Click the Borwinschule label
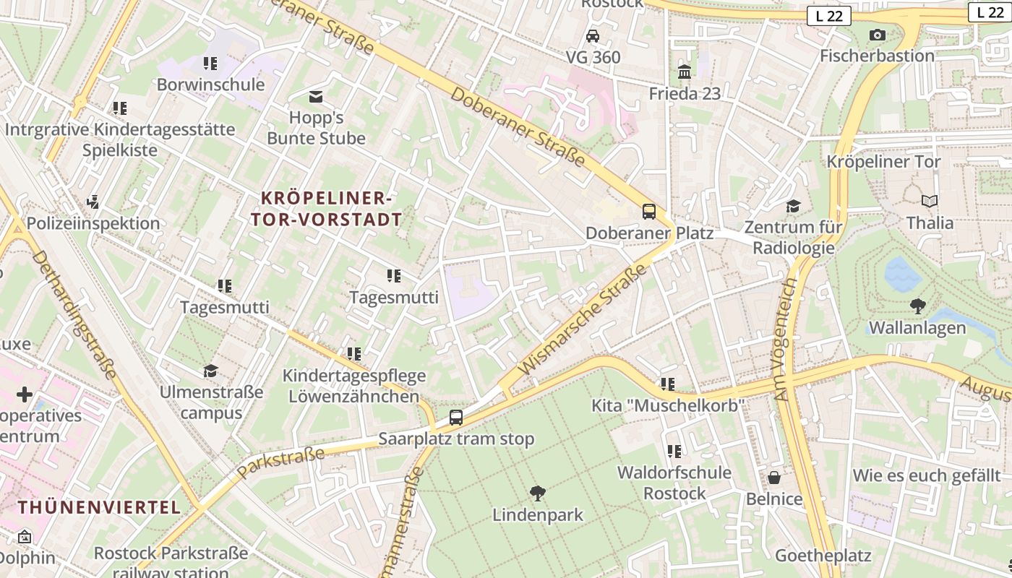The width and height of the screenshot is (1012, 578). (x=210, y=85)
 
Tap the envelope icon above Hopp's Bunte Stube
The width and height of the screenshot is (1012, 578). (x=316, y=96)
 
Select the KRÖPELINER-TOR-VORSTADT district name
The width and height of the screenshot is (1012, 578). (x=326, y=209)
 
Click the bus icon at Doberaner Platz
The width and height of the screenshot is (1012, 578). (x=649, y=212)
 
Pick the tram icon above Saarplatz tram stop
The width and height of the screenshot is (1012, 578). (x=456, y=417)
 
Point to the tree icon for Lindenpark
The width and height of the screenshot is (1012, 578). (x=537, y=493)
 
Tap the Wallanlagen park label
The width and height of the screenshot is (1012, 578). (x=917, y=327)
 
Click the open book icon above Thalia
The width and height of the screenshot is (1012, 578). (x=930, y=202)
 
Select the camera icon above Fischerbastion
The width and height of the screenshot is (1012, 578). (x=877, y=35)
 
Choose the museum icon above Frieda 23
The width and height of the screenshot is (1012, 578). (x=684, y=72)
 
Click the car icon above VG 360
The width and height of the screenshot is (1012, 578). (x=593, y=35)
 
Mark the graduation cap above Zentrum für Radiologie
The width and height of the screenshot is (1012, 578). (x=793, y=206)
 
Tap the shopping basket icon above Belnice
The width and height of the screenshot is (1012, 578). (x=774, y=478)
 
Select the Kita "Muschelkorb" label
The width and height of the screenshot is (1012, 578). (x=667, y=405)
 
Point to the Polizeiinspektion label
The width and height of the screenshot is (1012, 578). (x=93, y=223)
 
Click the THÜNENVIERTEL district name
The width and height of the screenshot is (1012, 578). (x=99, y=507)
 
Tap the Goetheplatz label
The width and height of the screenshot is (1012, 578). (x=823, y=556)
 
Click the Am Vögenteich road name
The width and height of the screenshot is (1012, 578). (x=784, y=340)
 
